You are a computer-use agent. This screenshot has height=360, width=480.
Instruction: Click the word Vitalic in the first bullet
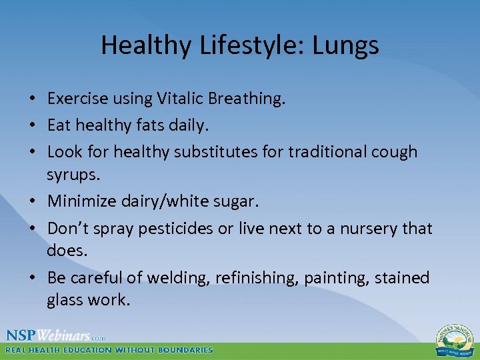point(181,99)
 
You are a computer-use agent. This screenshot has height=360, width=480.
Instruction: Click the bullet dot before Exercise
point(33,99)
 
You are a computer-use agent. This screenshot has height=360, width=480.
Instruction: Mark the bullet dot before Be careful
point(33,278)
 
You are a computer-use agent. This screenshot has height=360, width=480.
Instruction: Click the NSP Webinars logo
point(55,335)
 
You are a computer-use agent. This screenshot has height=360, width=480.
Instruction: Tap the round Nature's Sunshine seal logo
point(455,339)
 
